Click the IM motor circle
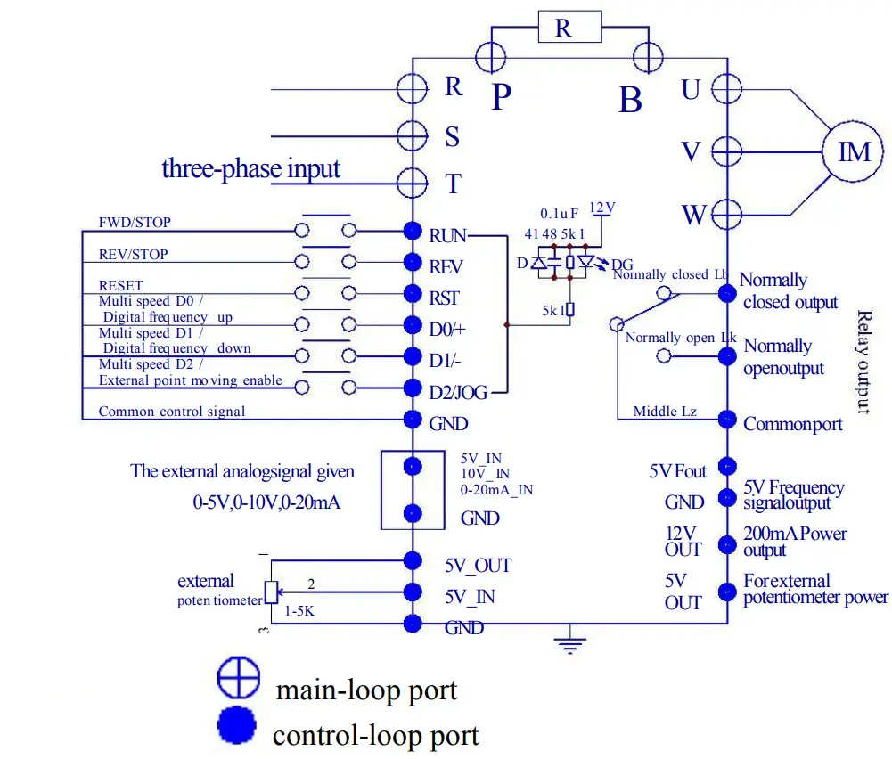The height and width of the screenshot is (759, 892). [854, 151]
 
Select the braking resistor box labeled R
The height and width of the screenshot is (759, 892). [563, 28]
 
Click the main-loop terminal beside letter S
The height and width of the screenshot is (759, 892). [413, 135]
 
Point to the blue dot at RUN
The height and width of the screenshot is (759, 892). [413, 232]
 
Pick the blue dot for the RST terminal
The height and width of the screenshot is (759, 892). [413, 294]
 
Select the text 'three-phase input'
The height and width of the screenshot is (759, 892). [250, 168]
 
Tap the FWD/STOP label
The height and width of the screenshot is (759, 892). [134, 222]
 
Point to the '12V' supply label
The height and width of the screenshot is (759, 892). [602, 208]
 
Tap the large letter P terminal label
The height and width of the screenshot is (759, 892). [502, 97]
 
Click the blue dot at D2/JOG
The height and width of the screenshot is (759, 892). [413, 388]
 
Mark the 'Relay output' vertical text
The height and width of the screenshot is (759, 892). [863, 362]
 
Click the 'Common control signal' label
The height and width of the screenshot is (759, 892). [171, 412]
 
